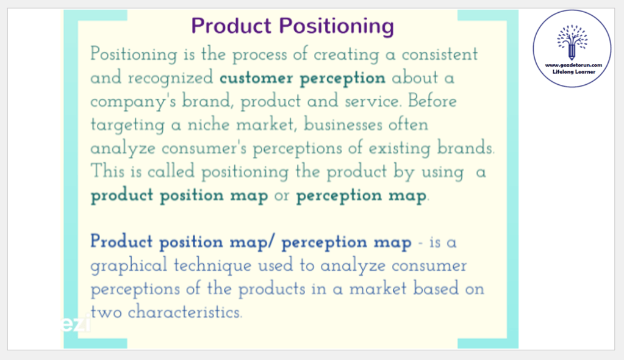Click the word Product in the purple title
(231, 26)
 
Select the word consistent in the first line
(439, 54)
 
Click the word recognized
(171, 77)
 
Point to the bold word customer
(256, 77)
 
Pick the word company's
(133, 101)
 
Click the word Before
(432, 101)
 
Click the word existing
(400, 148)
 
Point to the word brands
(465, 148)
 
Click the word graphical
(129, 265)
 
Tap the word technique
(213, 265)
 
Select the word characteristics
(185, 312)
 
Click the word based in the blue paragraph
(436, 289)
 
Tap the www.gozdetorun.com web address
(573, 65)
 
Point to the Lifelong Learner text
(574, 72)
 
